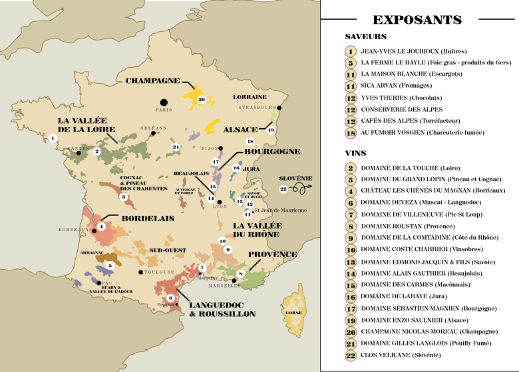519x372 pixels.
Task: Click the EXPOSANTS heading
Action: tap(417, 20)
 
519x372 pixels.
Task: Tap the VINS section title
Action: tap(356, 153)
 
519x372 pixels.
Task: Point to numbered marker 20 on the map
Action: tap(202, 100)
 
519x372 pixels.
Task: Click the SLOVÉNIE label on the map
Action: tap(295, 179)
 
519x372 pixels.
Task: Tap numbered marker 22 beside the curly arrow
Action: tap(283, 189)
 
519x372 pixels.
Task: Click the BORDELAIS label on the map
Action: tap(147, 217)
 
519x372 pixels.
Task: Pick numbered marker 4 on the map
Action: tap(101, 227)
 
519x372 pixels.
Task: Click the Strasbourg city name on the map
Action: tap(257, 107)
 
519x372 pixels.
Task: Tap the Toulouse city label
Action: tap(158, 272)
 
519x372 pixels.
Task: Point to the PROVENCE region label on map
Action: tap(272, 254)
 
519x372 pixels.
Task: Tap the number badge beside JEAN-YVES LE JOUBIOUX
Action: tap(351, 51)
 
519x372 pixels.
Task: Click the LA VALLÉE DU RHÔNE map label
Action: tap(257, 231)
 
